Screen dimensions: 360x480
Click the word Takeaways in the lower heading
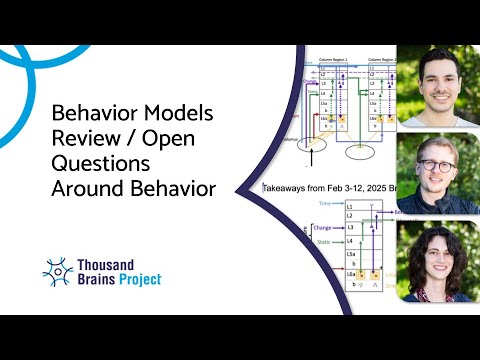[286, 187]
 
